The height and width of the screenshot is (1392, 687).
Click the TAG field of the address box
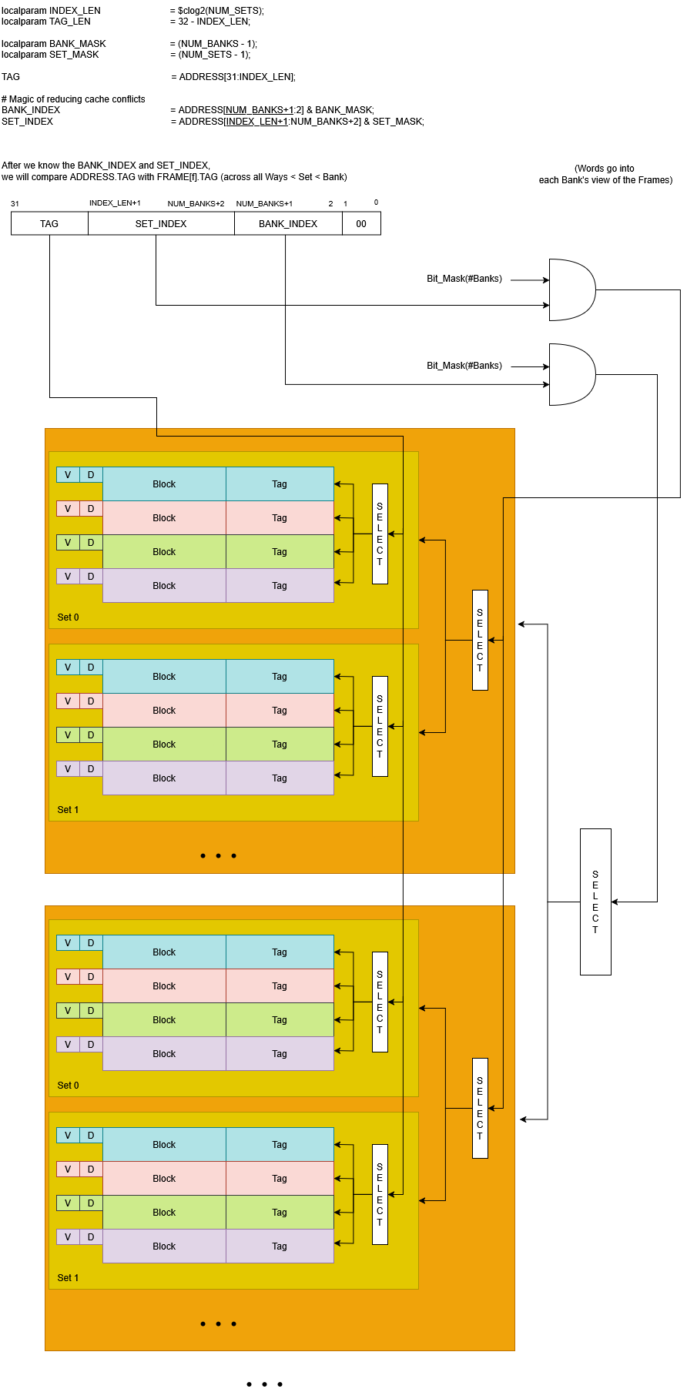(49, 224)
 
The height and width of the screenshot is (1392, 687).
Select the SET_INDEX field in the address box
(161, 224)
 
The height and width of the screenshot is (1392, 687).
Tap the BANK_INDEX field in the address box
(288, 224)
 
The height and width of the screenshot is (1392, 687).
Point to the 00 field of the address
(361, 224)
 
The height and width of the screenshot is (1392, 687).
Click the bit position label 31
(15, 204)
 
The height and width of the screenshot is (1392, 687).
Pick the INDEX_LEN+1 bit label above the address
(115, 203)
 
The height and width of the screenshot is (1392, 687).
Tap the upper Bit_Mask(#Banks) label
(464, 279)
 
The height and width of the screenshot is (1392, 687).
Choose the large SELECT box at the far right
(595, 902)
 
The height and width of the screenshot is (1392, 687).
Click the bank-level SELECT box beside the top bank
(480, 640)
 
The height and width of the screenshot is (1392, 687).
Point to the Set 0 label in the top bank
(68, 617)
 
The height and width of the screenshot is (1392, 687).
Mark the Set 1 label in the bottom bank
(68, 1278)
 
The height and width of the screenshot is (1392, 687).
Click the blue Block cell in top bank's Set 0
(164, 484)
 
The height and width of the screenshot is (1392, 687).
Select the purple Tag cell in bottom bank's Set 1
(280, 1246)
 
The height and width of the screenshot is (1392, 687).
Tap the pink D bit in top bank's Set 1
(91, 701)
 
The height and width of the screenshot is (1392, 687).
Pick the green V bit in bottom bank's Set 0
(68, 1011)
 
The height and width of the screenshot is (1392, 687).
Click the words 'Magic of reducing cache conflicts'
(76, 99)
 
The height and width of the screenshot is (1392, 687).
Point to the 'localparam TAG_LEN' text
(46, 22)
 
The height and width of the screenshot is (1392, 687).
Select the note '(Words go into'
(605, 169)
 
